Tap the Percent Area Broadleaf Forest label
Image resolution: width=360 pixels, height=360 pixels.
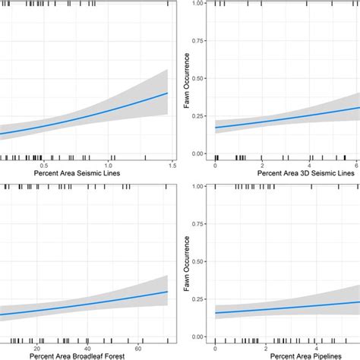pos(85,355)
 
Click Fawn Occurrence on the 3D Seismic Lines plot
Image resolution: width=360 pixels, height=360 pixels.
pos(187,80)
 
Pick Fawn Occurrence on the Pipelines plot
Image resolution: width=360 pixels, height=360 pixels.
pos(187,262)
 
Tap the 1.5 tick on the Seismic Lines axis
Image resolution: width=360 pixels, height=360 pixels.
pos(172,165)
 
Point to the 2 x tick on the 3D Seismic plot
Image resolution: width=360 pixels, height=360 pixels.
pos(263,165)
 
